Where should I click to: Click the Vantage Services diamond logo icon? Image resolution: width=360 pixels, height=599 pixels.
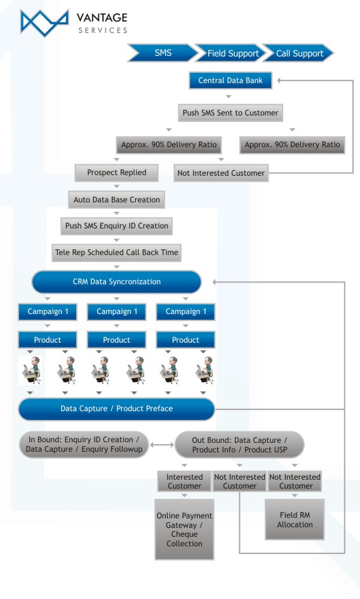point(44,23)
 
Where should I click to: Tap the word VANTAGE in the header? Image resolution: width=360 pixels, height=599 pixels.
point(102,18)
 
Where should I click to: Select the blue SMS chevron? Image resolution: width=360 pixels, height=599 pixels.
point(163,53)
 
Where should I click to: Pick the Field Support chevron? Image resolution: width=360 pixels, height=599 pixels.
point(230,53)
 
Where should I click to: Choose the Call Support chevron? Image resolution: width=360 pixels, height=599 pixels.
point(298,53)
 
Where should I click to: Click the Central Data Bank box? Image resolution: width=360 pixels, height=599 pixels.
point(230,81)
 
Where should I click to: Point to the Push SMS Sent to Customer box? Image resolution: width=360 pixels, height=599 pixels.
point(230,113)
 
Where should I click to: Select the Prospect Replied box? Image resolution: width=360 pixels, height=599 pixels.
point(117,173)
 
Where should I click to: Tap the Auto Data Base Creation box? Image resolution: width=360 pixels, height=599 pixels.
point(117,200)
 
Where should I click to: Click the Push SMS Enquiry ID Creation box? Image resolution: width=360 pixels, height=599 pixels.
point(117,226)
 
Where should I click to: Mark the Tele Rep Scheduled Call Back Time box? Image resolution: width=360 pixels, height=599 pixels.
point(117,253)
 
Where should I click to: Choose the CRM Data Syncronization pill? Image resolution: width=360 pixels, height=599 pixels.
point(117,282)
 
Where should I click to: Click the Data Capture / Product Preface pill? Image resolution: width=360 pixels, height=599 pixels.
point(117,409)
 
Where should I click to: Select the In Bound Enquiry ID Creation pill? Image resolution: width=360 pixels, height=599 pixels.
point(84,445)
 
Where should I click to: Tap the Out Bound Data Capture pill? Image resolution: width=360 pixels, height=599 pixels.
point(239,445)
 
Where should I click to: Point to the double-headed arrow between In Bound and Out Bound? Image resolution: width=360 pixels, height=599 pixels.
point(162,445)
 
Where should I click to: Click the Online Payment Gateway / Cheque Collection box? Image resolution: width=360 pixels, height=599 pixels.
point(184,529)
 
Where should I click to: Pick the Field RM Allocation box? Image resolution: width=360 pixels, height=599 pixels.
point(295,520)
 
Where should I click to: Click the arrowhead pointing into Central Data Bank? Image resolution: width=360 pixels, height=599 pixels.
point(279,81)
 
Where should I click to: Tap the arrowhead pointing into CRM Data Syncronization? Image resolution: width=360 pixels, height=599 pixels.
point(215,282)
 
